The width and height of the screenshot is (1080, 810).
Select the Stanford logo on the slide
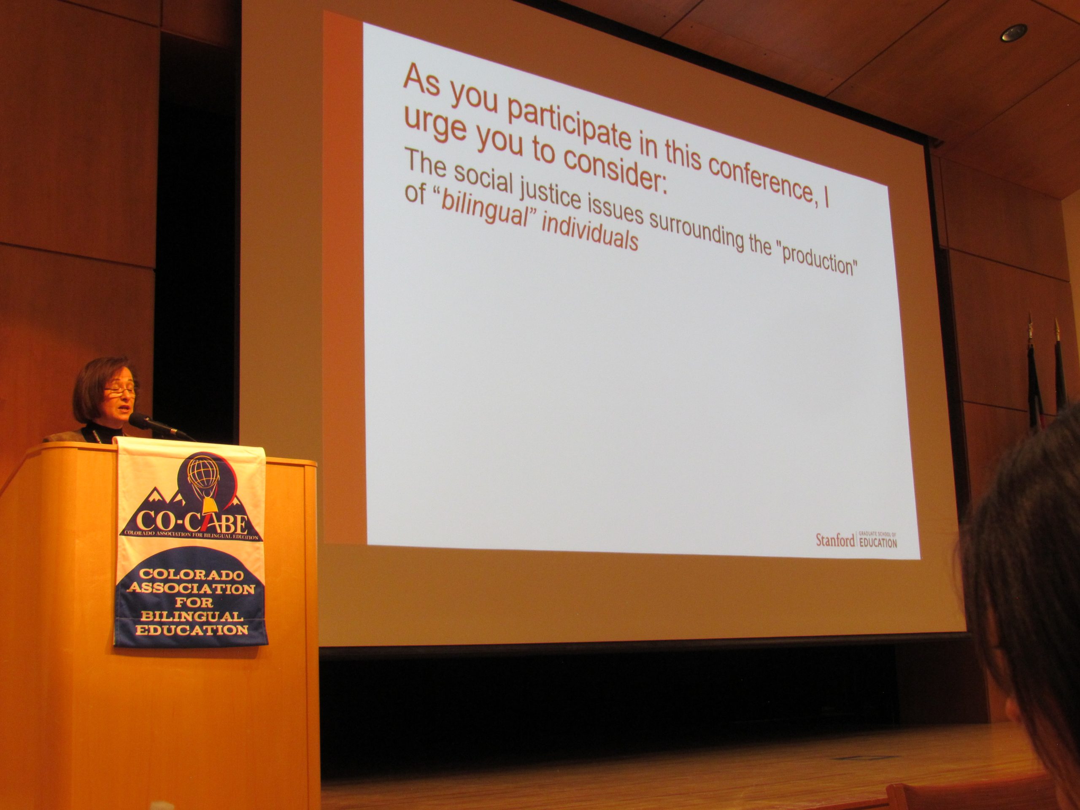[856, 540]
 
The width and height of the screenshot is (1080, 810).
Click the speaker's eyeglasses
[120, 390]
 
